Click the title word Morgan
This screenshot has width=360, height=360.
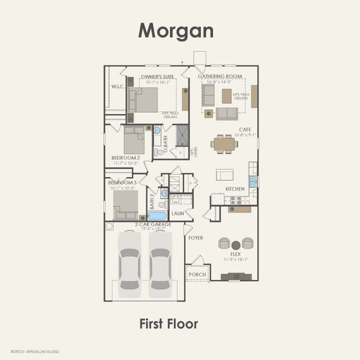[x=176, y=30]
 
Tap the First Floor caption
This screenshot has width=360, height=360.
[x=168, y=324]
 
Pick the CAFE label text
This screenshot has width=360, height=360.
[x=245, y=129]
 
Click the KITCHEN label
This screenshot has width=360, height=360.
[x=235, y=189]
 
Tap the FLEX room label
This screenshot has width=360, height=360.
[x=235, y=254]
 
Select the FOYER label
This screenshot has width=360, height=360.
[x=196, y=238]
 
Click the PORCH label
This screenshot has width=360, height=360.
[x=197, y=275]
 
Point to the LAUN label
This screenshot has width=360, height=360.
[x=178, y=213]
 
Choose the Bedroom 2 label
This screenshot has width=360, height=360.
[x=125, y=158]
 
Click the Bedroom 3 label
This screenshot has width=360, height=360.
[x=122, y=182]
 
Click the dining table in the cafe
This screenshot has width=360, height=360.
[x=225, y=143]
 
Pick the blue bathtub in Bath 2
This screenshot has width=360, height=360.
[x=157, y=215]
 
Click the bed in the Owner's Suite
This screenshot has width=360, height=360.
[x=145, y=100]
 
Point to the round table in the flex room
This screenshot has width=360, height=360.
[x=236, y=244]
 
